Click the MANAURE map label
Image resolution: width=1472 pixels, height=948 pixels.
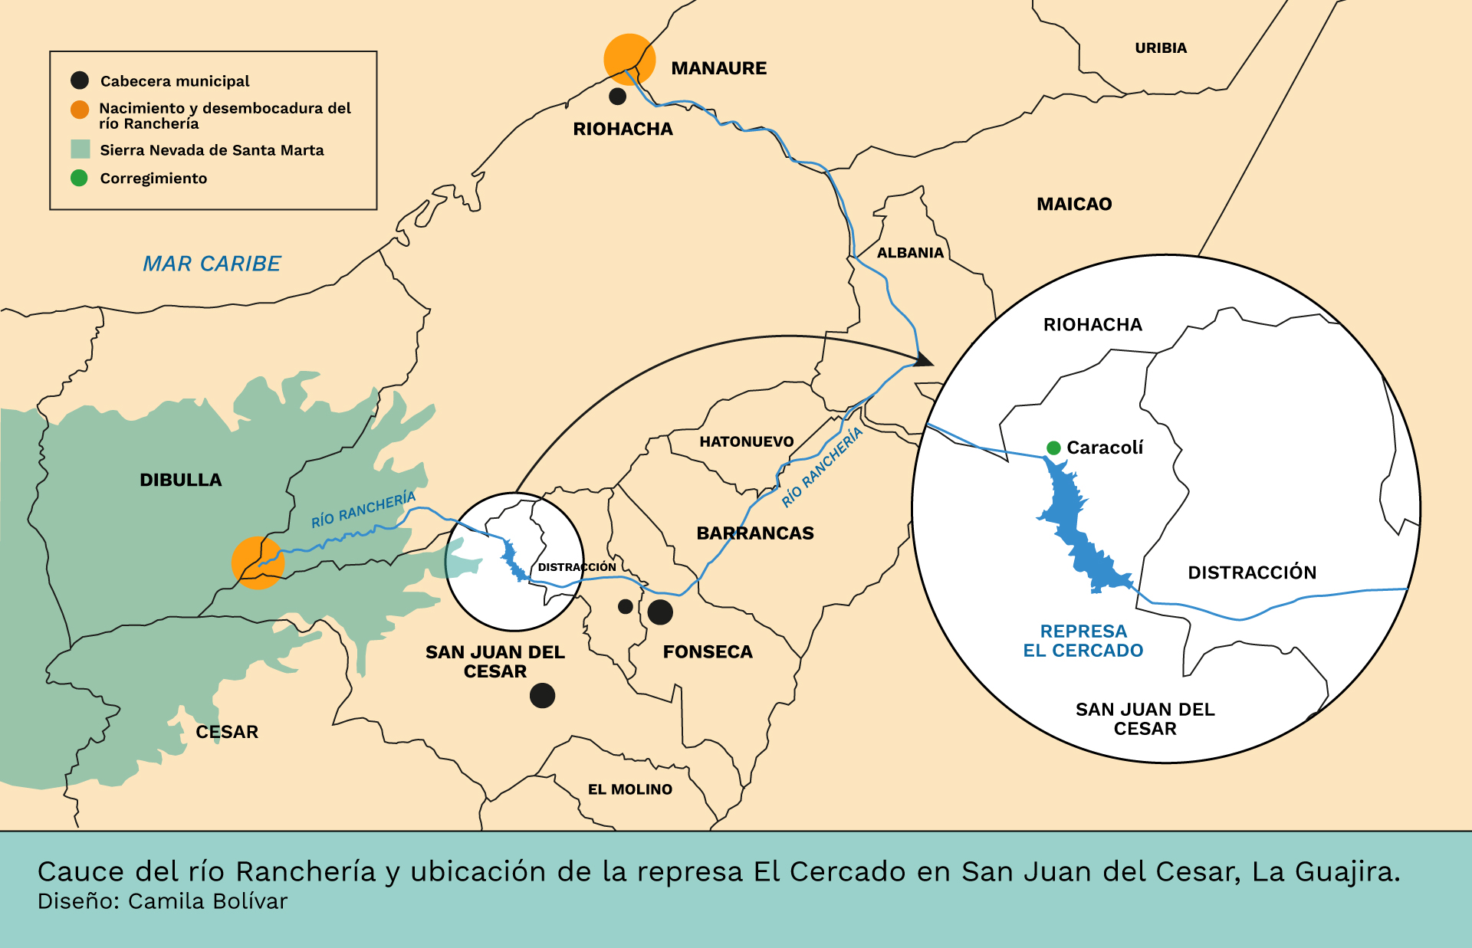(718, 68)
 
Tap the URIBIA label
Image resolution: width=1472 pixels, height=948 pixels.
(1161, 48)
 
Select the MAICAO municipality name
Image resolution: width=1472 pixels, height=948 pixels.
(1074, 204)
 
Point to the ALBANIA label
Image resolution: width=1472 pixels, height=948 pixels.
(910, 253)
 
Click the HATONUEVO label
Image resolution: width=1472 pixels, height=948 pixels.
(746, 441)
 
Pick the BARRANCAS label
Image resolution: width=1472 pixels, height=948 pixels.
(755, 533)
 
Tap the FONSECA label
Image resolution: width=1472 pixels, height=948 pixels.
(708, 652)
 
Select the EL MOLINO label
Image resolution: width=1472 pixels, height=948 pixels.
(629, 789)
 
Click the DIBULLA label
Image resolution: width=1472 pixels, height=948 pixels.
(181, 481)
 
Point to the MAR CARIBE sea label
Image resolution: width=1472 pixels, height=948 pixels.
(212, 264)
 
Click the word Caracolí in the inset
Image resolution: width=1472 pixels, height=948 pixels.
(1105, 448)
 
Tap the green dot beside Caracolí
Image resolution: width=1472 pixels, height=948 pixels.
(1054, 448)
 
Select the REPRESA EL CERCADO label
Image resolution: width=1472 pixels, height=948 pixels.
(1083, 641)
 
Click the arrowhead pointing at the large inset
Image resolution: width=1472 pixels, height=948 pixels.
(925, 359)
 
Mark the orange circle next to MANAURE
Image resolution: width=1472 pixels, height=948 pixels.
(629, 58)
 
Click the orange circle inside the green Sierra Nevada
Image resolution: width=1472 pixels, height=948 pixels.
(258, 563)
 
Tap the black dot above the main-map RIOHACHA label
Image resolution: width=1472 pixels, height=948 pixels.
(617, 97)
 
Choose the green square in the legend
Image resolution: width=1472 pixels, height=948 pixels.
(80, 149)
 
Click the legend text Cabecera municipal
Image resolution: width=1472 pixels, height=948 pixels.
(175, 81)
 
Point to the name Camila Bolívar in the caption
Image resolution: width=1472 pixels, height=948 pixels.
(207, 901)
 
